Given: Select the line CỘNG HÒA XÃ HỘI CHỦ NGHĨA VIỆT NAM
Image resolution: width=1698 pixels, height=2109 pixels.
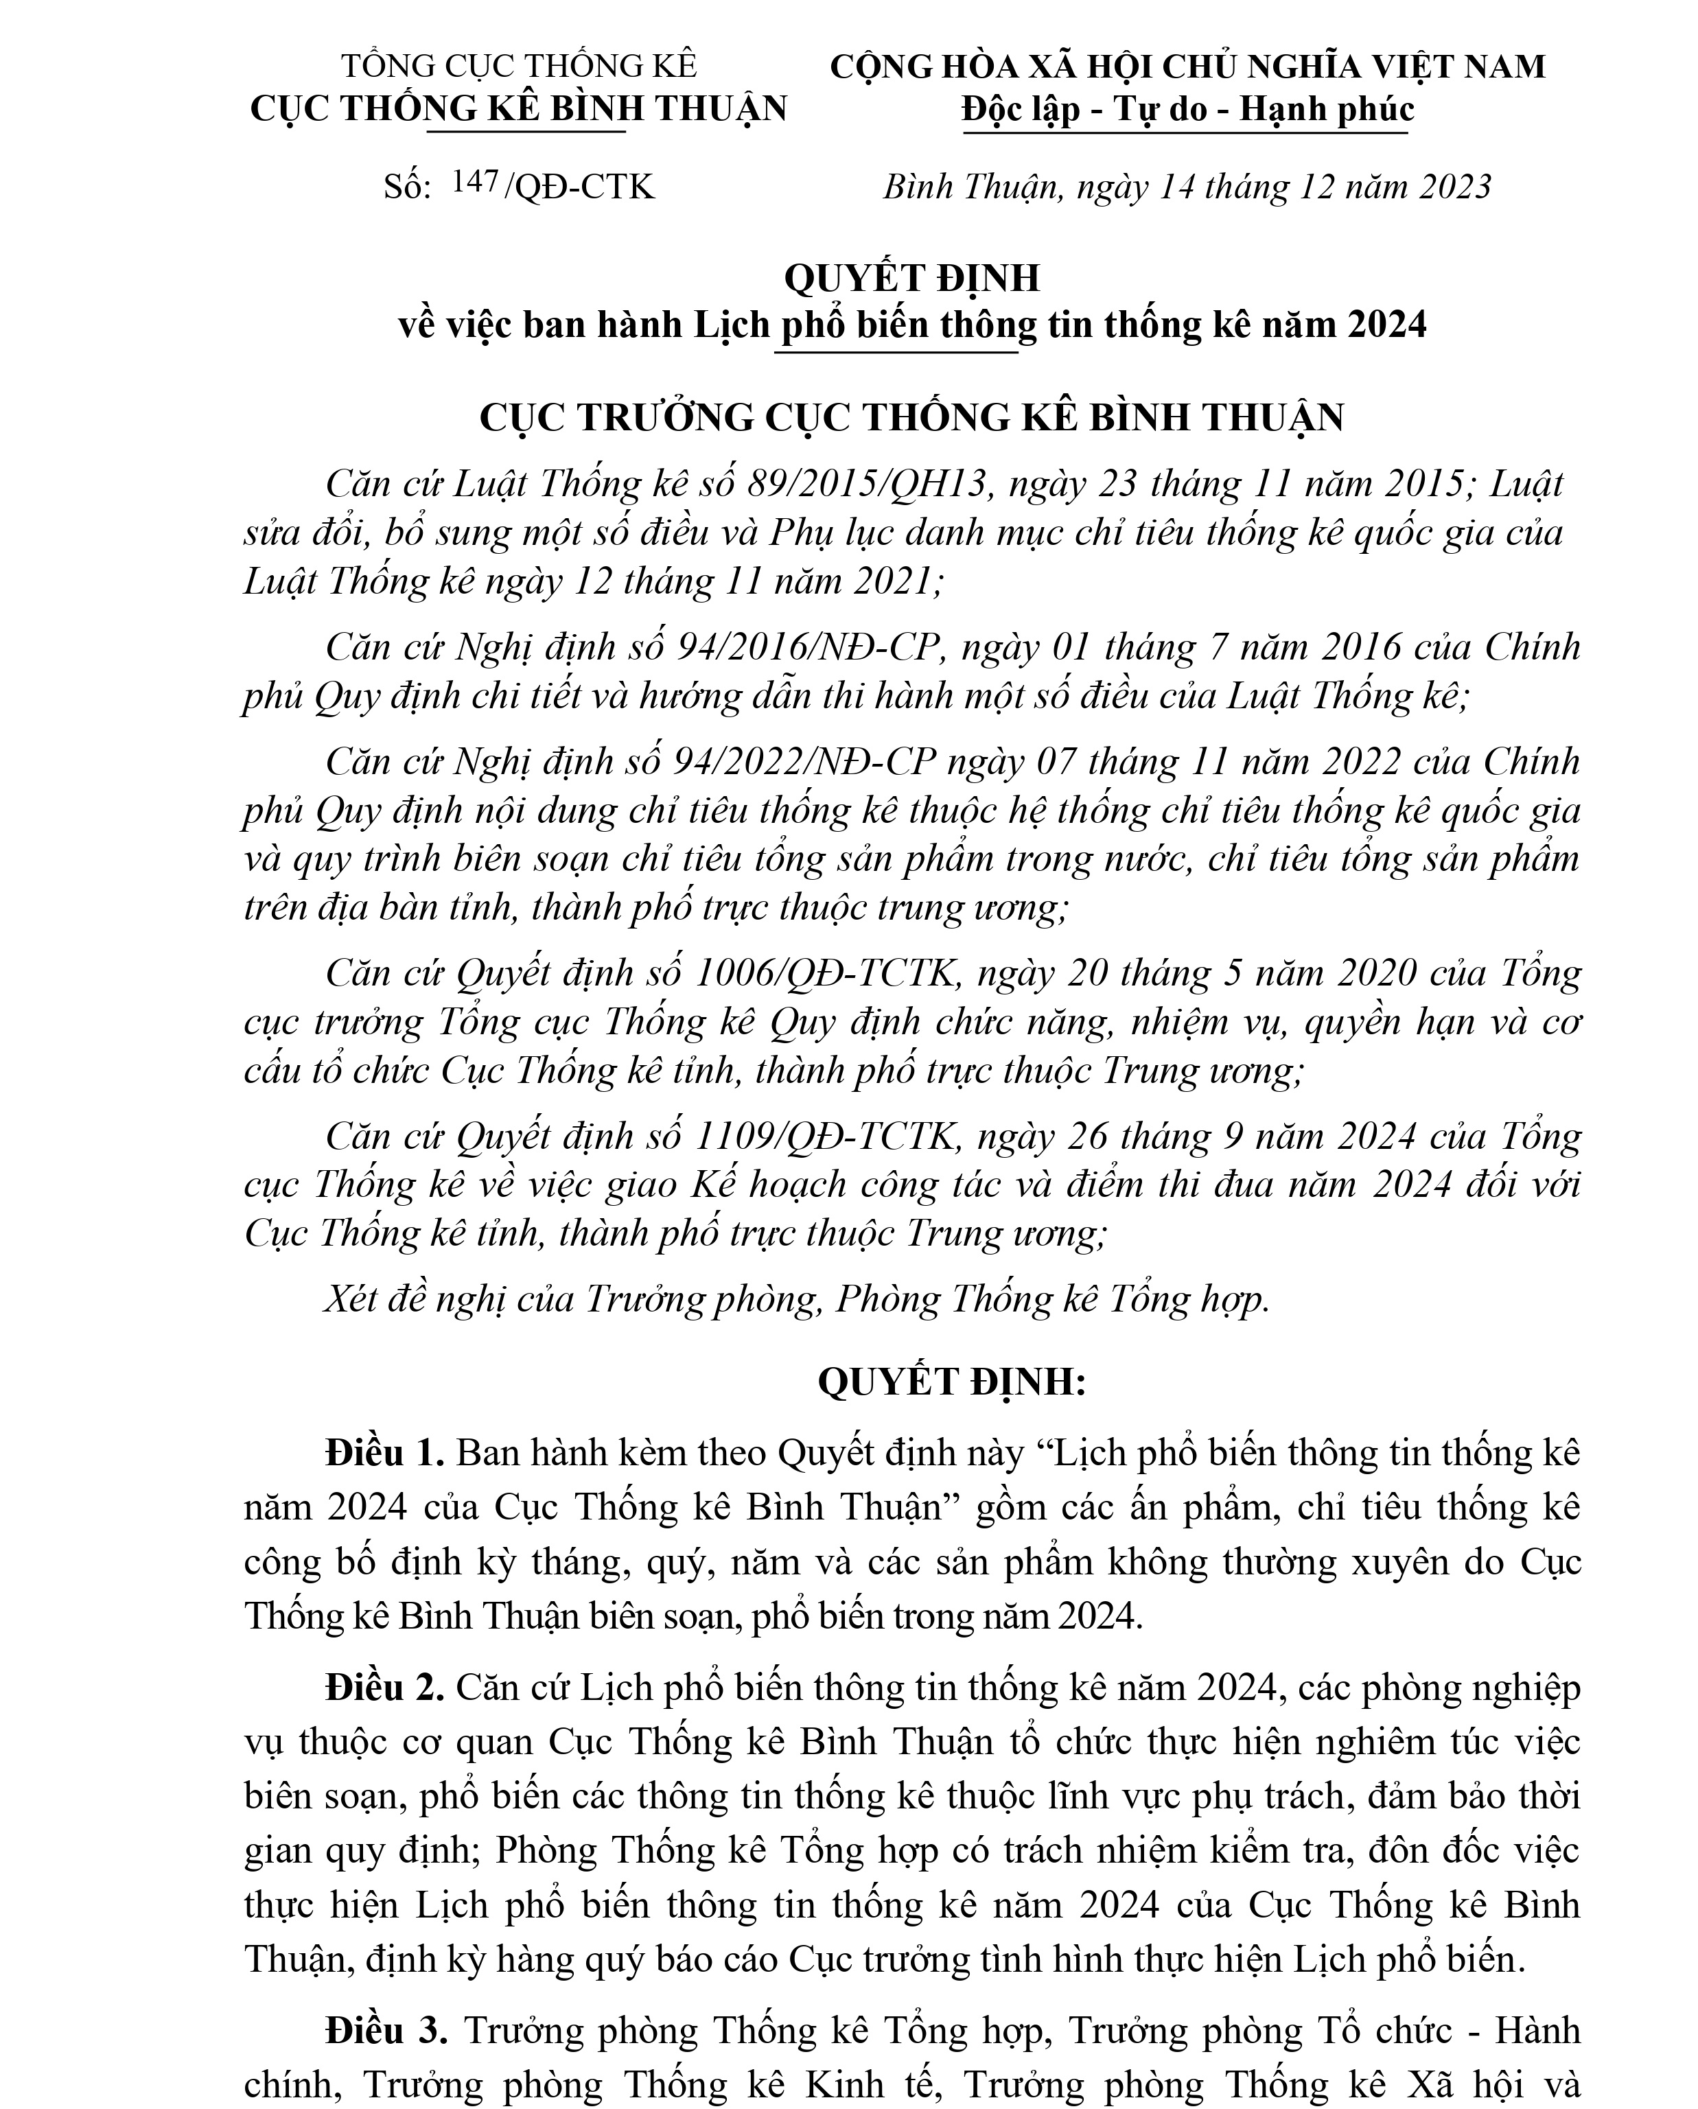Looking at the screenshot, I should tap(1187, 65).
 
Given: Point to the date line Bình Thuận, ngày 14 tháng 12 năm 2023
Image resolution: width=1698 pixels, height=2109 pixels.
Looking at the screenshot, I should tap(1187, 186).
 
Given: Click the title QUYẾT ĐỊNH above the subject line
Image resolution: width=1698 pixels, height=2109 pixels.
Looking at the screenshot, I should tap(911, 279).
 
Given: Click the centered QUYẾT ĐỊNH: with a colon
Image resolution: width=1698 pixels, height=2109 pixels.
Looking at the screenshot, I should tap(952, 1382).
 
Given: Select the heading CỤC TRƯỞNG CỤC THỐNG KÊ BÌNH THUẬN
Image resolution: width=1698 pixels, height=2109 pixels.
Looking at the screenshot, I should tap(911, 418).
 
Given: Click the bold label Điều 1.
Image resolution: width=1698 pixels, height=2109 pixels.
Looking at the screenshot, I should tap(385, 1454).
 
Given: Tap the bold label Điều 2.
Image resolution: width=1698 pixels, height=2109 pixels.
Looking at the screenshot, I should tap(385, 1688).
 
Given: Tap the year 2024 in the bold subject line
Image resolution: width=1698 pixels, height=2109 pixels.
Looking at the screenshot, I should tap(1386, 326).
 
